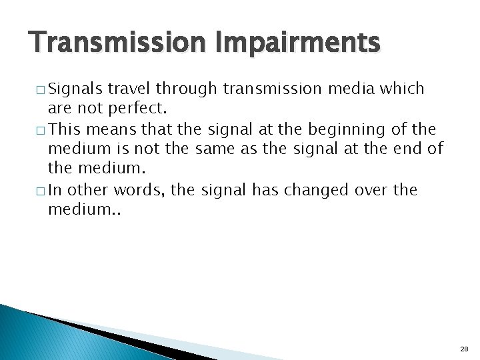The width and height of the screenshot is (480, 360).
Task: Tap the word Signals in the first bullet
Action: pos(75,89)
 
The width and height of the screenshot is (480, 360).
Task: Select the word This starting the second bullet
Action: pos(63,129)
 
